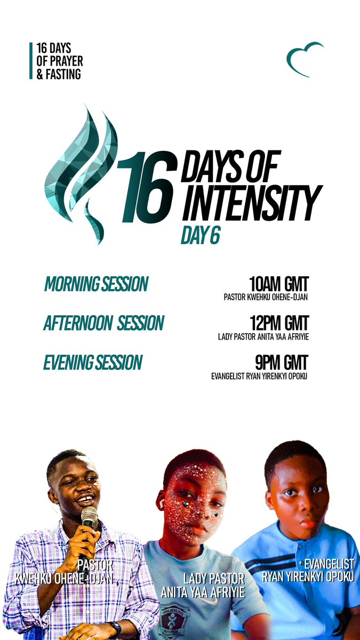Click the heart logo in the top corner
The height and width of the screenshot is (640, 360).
click(x=304, y=58)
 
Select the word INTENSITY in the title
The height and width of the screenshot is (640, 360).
click(x=252, y=203)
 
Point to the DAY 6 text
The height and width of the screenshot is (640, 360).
click(x=200, y=237)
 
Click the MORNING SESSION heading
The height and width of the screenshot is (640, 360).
click(x=96, y=285)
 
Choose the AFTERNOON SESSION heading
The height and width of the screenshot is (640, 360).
click(x=104, y=324)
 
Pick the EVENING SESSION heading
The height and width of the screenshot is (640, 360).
click(x=93, y=363)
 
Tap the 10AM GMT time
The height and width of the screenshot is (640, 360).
click(x=279, y=283)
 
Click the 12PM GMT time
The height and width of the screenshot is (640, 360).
click(x=279, y=323)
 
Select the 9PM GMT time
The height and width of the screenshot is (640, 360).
click(x=282, y=363)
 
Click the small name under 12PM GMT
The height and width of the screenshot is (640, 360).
click(x=263, y=337)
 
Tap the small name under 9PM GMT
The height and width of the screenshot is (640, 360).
click(x=260, y=377)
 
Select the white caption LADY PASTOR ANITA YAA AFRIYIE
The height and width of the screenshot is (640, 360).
click(x=203, y=585)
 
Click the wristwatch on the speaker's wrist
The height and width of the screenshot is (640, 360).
click(x=115, y=628)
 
